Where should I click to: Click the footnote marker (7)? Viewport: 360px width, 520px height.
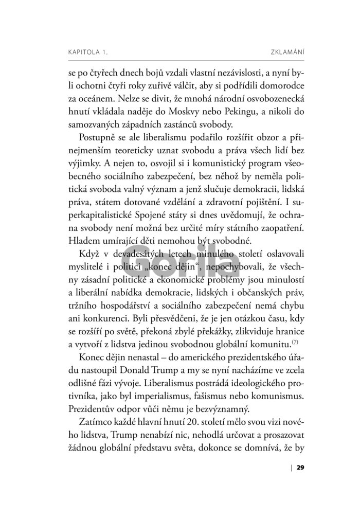(x=296, y=340)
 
